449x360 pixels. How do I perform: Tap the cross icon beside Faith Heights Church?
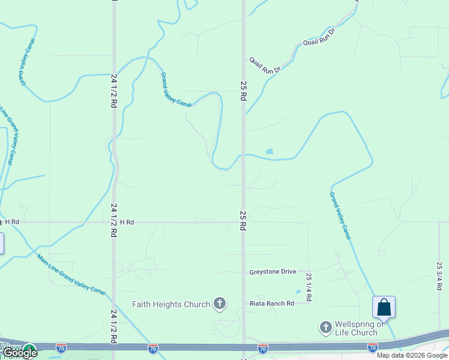[x=220, y=304]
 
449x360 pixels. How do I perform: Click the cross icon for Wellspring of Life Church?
[x=325, y=327]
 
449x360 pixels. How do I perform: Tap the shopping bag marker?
[x=384, y=307]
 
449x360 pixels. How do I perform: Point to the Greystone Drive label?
[x=273, y=272]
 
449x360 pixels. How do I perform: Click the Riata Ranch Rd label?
[x=272, y=304]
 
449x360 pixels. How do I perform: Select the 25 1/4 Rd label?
[x=309, y=287]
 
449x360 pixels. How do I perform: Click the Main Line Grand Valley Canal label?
[x=71, y=274]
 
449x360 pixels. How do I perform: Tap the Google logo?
[x=20, y=353]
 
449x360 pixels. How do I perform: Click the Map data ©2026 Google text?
[x=412, y=355]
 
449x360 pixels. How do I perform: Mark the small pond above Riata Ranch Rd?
[x=298, y=292]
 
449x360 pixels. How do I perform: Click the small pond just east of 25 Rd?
[x=269, y=152]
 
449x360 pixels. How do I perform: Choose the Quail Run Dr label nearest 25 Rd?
[x=265, y=65]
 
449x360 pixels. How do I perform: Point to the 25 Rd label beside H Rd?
[x=243, y=221]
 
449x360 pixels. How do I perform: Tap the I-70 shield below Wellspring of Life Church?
[x=372, y=347]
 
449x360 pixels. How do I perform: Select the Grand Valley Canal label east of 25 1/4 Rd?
[x=340, y=215]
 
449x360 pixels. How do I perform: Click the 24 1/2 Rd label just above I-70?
[x=113, y=326]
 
